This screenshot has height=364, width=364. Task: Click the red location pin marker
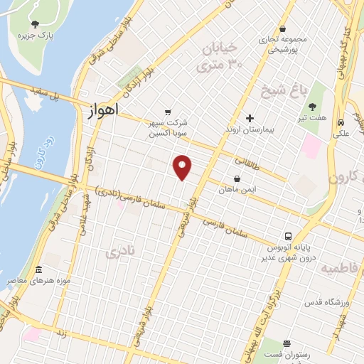click(183, 166)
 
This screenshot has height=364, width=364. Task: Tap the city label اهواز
click(105, 112)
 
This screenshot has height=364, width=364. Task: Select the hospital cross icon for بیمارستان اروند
click(249, 118)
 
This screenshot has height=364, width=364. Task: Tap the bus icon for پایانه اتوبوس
click(288, 236)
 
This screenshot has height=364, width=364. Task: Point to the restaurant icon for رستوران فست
click(287, 343)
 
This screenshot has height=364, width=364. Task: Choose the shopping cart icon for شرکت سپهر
click(168, 112)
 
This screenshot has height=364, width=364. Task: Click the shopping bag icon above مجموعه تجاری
click(283, 29)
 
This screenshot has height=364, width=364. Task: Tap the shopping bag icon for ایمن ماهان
click(237, 179)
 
